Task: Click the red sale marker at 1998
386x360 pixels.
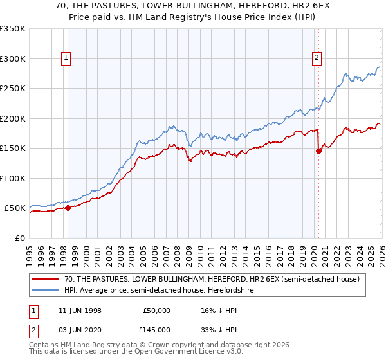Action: pos(68,208)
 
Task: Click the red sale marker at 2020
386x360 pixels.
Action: pos(318,152)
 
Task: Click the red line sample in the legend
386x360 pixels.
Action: pos(46,279)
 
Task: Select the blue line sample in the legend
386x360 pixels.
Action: pos(46,290)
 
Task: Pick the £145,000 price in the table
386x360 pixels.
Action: pos(157,330)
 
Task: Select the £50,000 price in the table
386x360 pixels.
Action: pos(157,310)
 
